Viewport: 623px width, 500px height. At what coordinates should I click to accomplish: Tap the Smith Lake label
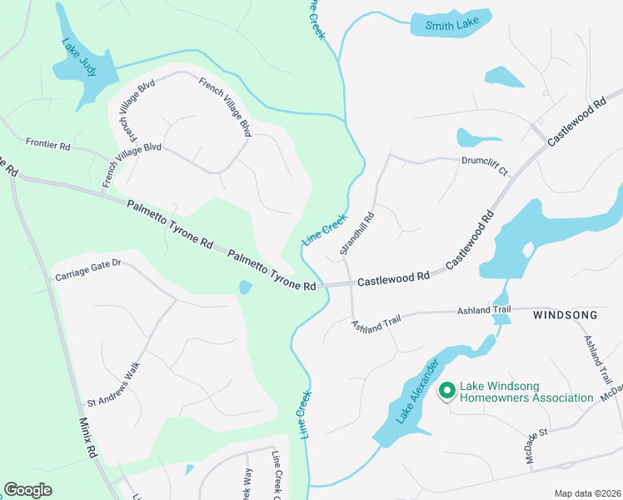pyautogui.click(x=451, y=26)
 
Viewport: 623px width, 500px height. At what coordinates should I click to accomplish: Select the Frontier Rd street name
pyautogui.click(x=47, y=144)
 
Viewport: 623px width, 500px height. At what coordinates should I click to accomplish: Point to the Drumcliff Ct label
pyautogui.click(x=484, y=165)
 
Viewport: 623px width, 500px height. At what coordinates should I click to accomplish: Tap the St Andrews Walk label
pyautogui.click(x=115, y=385)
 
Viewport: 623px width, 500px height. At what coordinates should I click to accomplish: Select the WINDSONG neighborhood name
pyautogui.click(x=565, y=315)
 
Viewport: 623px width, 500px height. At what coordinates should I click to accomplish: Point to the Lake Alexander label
pyautogui.click(x=416, y=393)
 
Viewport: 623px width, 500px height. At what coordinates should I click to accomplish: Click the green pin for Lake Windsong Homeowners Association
pyautogui.click(x=446, y=389)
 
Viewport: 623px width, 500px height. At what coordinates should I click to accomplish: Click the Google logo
pyautogui.click(x=27, y=489)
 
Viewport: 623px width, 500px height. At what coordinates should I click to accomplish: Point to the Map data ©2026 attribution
pyautogui.click(x=586, y=493)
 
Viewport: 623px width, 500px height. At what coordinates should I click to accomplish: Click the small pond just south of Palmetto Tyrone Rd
pyautogui.click(x=245, y=287)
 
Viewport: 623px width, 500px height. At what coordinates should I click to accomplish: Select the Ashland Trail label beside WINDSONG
pyautogui.click(x=484, y=310)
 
